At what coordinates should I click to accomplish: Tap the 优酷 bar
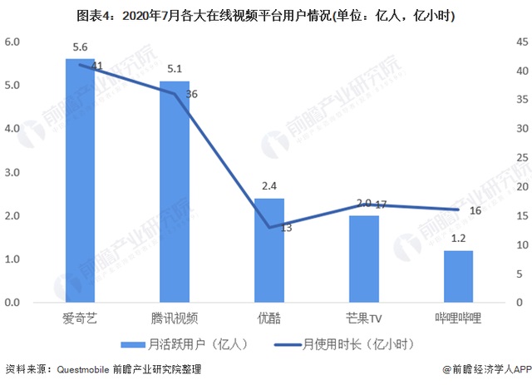268,250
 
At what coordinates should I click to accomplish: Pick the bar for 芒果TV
363,259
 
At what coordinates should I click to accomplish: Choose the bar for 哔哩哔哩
458,276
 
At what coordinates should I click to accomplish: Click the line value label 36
192,95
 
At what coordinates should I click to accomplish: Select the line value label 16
476,211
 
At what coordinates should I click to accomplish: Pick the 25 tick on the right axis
520,158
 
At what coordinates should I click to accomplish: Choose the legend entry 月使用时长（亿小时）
344,343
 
